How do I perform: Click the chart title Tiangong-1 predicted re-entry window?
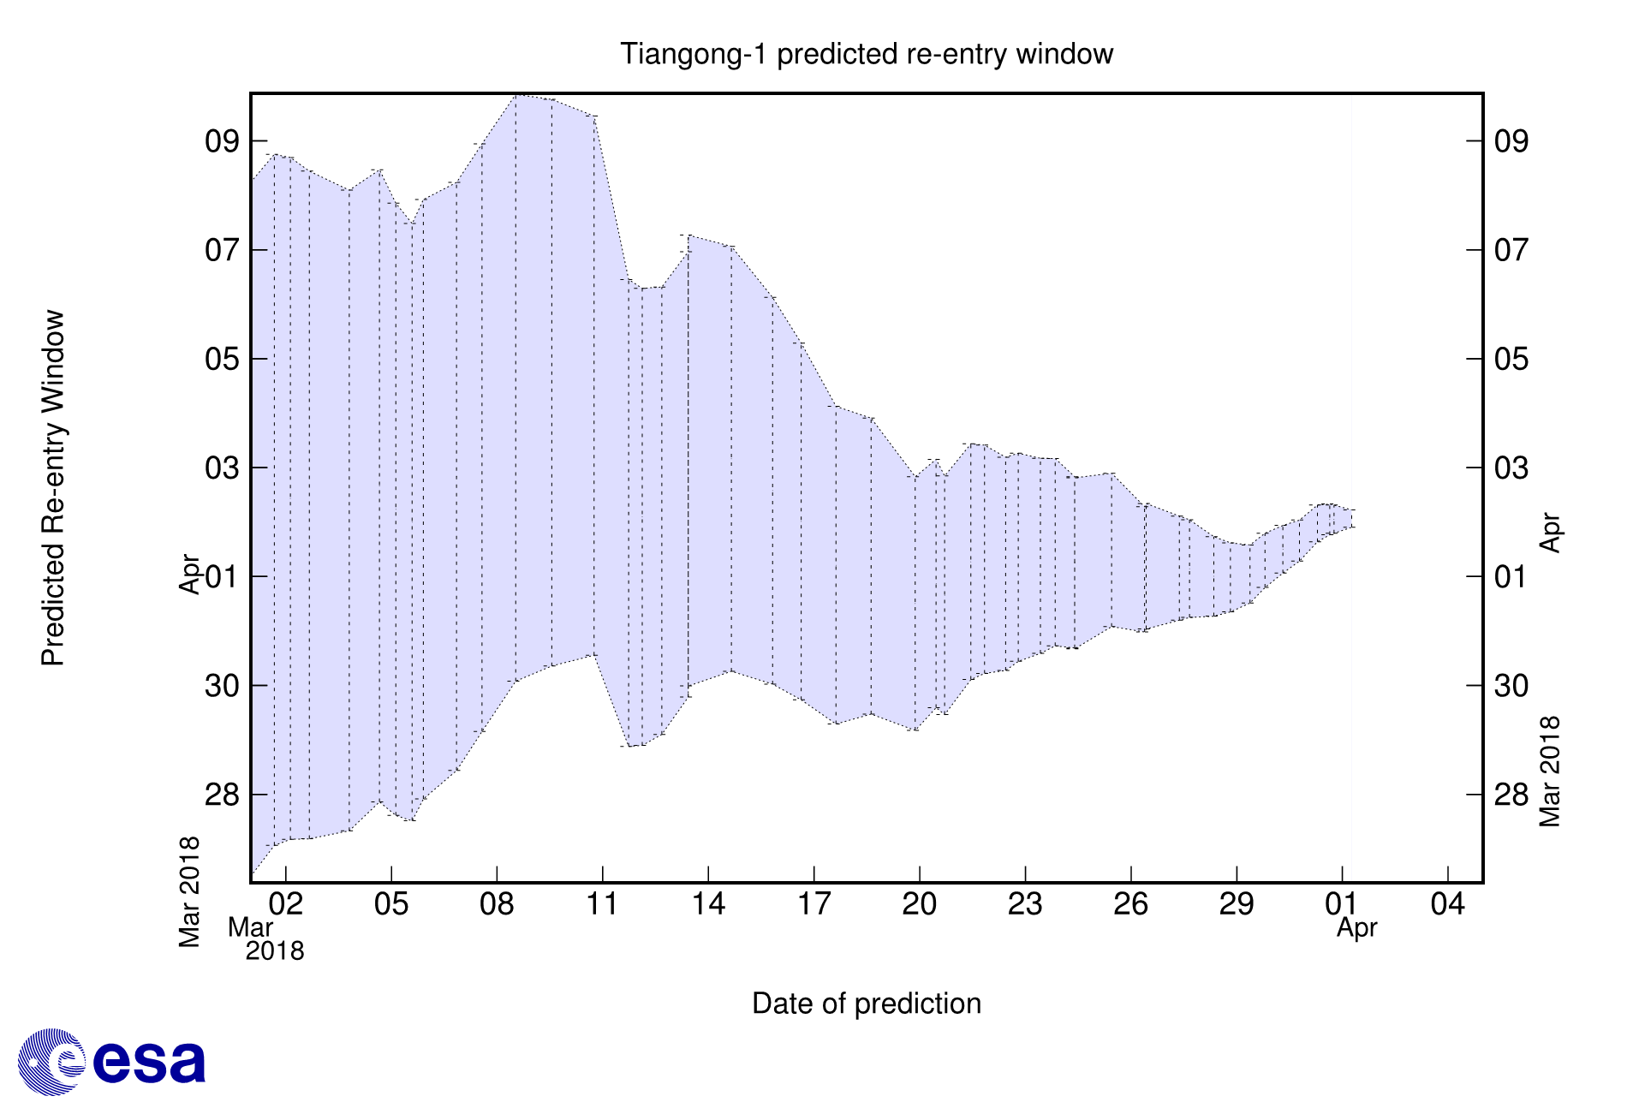866,54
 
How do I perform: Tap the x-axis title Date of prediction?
866,1004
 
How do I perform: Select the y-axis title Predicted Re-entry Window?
54,488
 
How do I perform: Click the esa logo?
112,1062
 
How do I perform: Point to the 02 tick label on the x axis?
285,904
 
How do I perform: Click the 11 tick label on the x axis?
602,904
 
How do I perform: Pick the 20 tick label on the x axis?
919,904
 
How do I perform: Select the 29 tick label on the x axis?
1236,904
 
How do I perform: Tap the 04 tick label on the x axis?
1447,904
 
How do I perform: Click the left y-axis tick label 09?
222,141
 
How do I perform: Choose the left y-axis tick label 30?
222,686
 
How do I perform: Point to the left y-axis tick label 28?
222,795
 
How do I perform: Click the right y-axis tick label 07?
1511,250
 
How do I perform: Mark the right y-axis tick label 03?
1511,468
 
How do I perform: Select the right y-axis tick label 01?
1511,577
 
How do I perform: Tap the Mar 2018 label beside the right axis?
1550,771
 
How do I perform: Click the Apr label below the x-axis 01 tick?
1356,928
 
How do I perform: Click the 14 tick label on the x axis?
708,904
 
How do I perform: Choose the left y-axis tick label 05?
222,359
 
